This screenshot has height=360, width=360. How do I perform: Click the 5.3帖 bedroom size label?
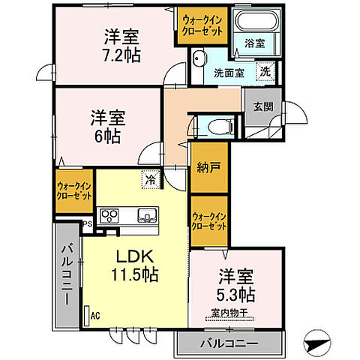coord(237,293)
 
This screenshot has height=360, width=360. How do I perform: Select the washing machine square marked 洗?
coord(265,72)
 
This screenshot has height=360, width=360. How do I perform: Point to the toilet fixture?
coord(218,126)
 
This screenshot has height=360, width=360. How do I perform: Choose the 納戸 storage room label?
coord(208,167)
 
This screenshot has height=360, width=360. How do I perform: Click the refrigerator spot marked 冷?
coord(151,180)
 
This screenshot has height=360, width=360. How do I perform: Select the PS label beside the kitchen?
coord(87,223)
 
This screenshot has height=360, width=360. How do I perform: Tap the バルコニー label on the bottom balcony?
coord(228,344)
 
